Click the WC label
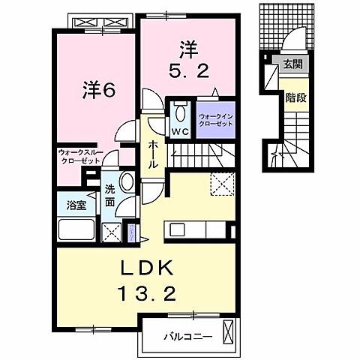[x=179, y=131]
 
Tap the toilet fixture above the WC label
[x=179, y=113]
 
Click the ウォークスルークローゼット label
[x=81, y=156]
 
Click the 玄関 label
[x=292, y=64]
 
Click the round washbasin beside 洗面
[x=126, y=182]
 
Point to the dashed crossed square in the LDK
[x=223, y=182]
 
